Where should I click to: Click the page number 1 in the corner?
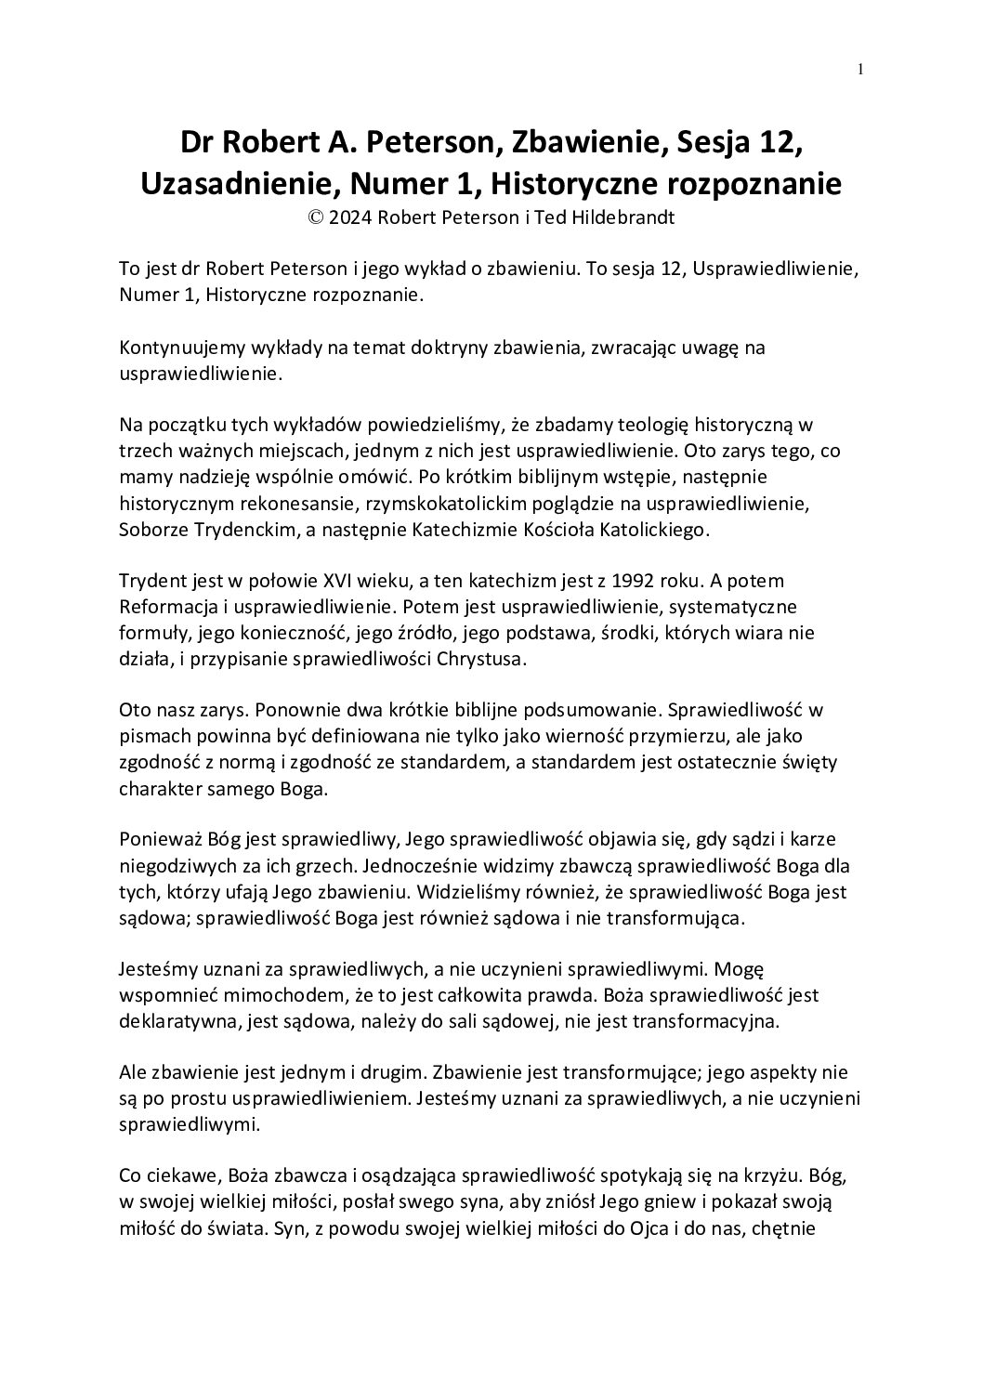pyautogui.click(x=860, y=69)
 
